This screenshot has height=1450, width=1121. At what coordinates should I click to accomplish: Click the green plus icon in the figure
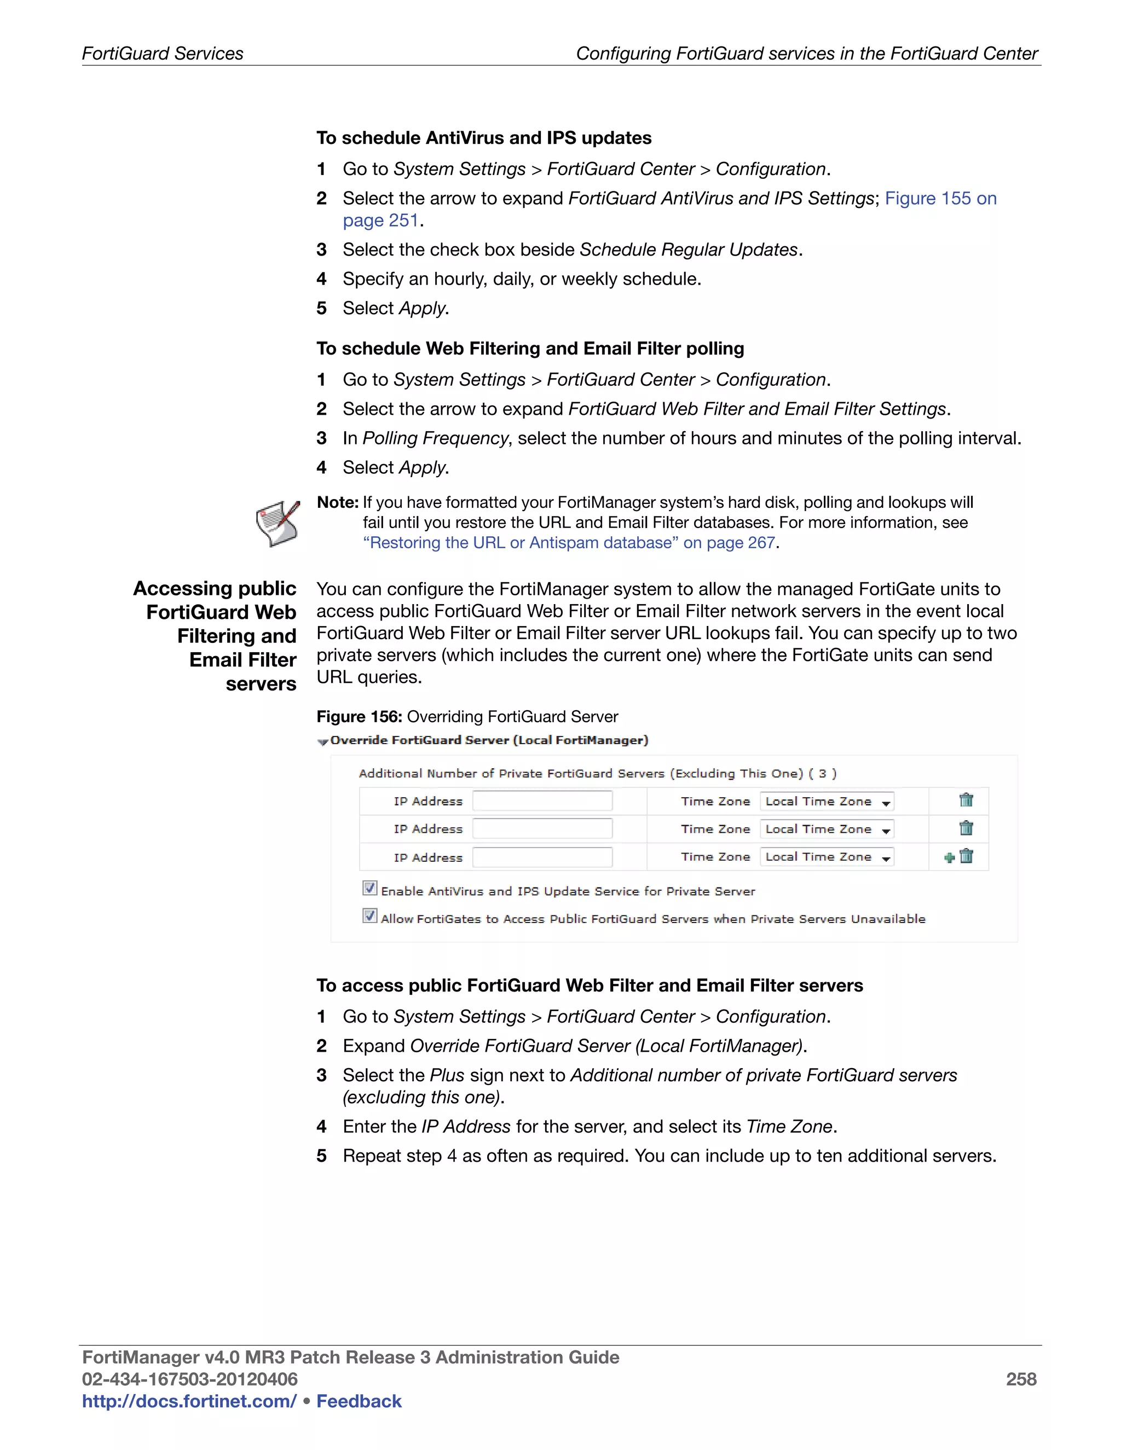(949, 858)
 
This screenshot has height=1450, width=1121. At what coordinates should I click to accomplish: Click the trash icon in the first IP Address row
(966, 800)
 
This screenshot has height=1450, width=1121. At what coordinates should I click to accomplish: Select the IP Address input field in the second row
(542, 828)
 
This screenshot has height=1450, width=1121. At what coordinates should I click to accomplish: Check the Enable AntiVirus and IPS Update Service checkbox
(370, 888)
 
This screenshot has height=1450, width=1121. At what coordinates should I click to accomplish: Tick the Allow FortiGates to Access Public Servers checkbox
(370, 916)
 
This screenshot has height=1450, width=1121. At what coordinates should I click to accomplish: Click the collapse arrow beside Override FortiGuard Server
(323, 741)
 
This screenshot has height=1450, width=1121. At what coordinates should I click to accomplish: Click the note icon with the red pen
(278, 523)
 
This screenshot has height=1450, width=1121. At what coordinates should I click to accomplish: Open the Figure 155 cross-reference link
(940, 199)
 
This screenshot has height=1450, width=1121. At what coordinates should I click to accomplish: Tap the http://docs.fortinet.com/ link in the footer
(189, 1401)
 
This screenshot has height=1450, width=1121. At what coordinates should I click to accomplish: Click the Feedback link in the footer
(359, 1401)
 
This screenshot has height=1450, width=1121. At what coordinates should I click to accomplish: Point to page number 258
(1021, 1379)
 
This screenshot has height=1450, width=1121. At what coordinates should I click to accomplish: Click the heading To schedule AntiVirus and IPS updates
(483, 138)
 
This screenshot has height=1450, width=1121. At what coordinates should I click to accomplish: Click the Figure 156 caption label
(359, 717)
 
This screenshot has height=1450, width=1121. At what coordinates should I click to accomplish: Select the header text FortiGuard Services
(163, 54)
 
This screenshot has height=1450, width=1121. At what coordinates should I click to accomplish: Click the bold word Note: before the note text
(337, 503)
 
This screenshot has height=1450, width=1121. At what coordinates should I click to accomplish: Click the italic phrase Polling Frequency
(435, 438)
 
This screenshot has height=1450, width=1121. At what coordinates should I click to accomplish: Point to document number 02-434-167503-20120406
(189, 1379)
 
